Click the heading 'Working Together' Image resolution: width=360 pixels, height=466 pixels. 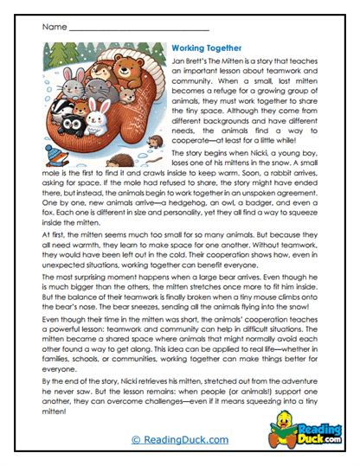(207, 49)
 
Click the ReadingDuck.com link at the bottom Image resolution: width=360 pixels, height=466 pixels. (180, 440)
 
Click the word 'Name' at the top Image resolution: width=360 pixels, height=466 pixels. (53, 27)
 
